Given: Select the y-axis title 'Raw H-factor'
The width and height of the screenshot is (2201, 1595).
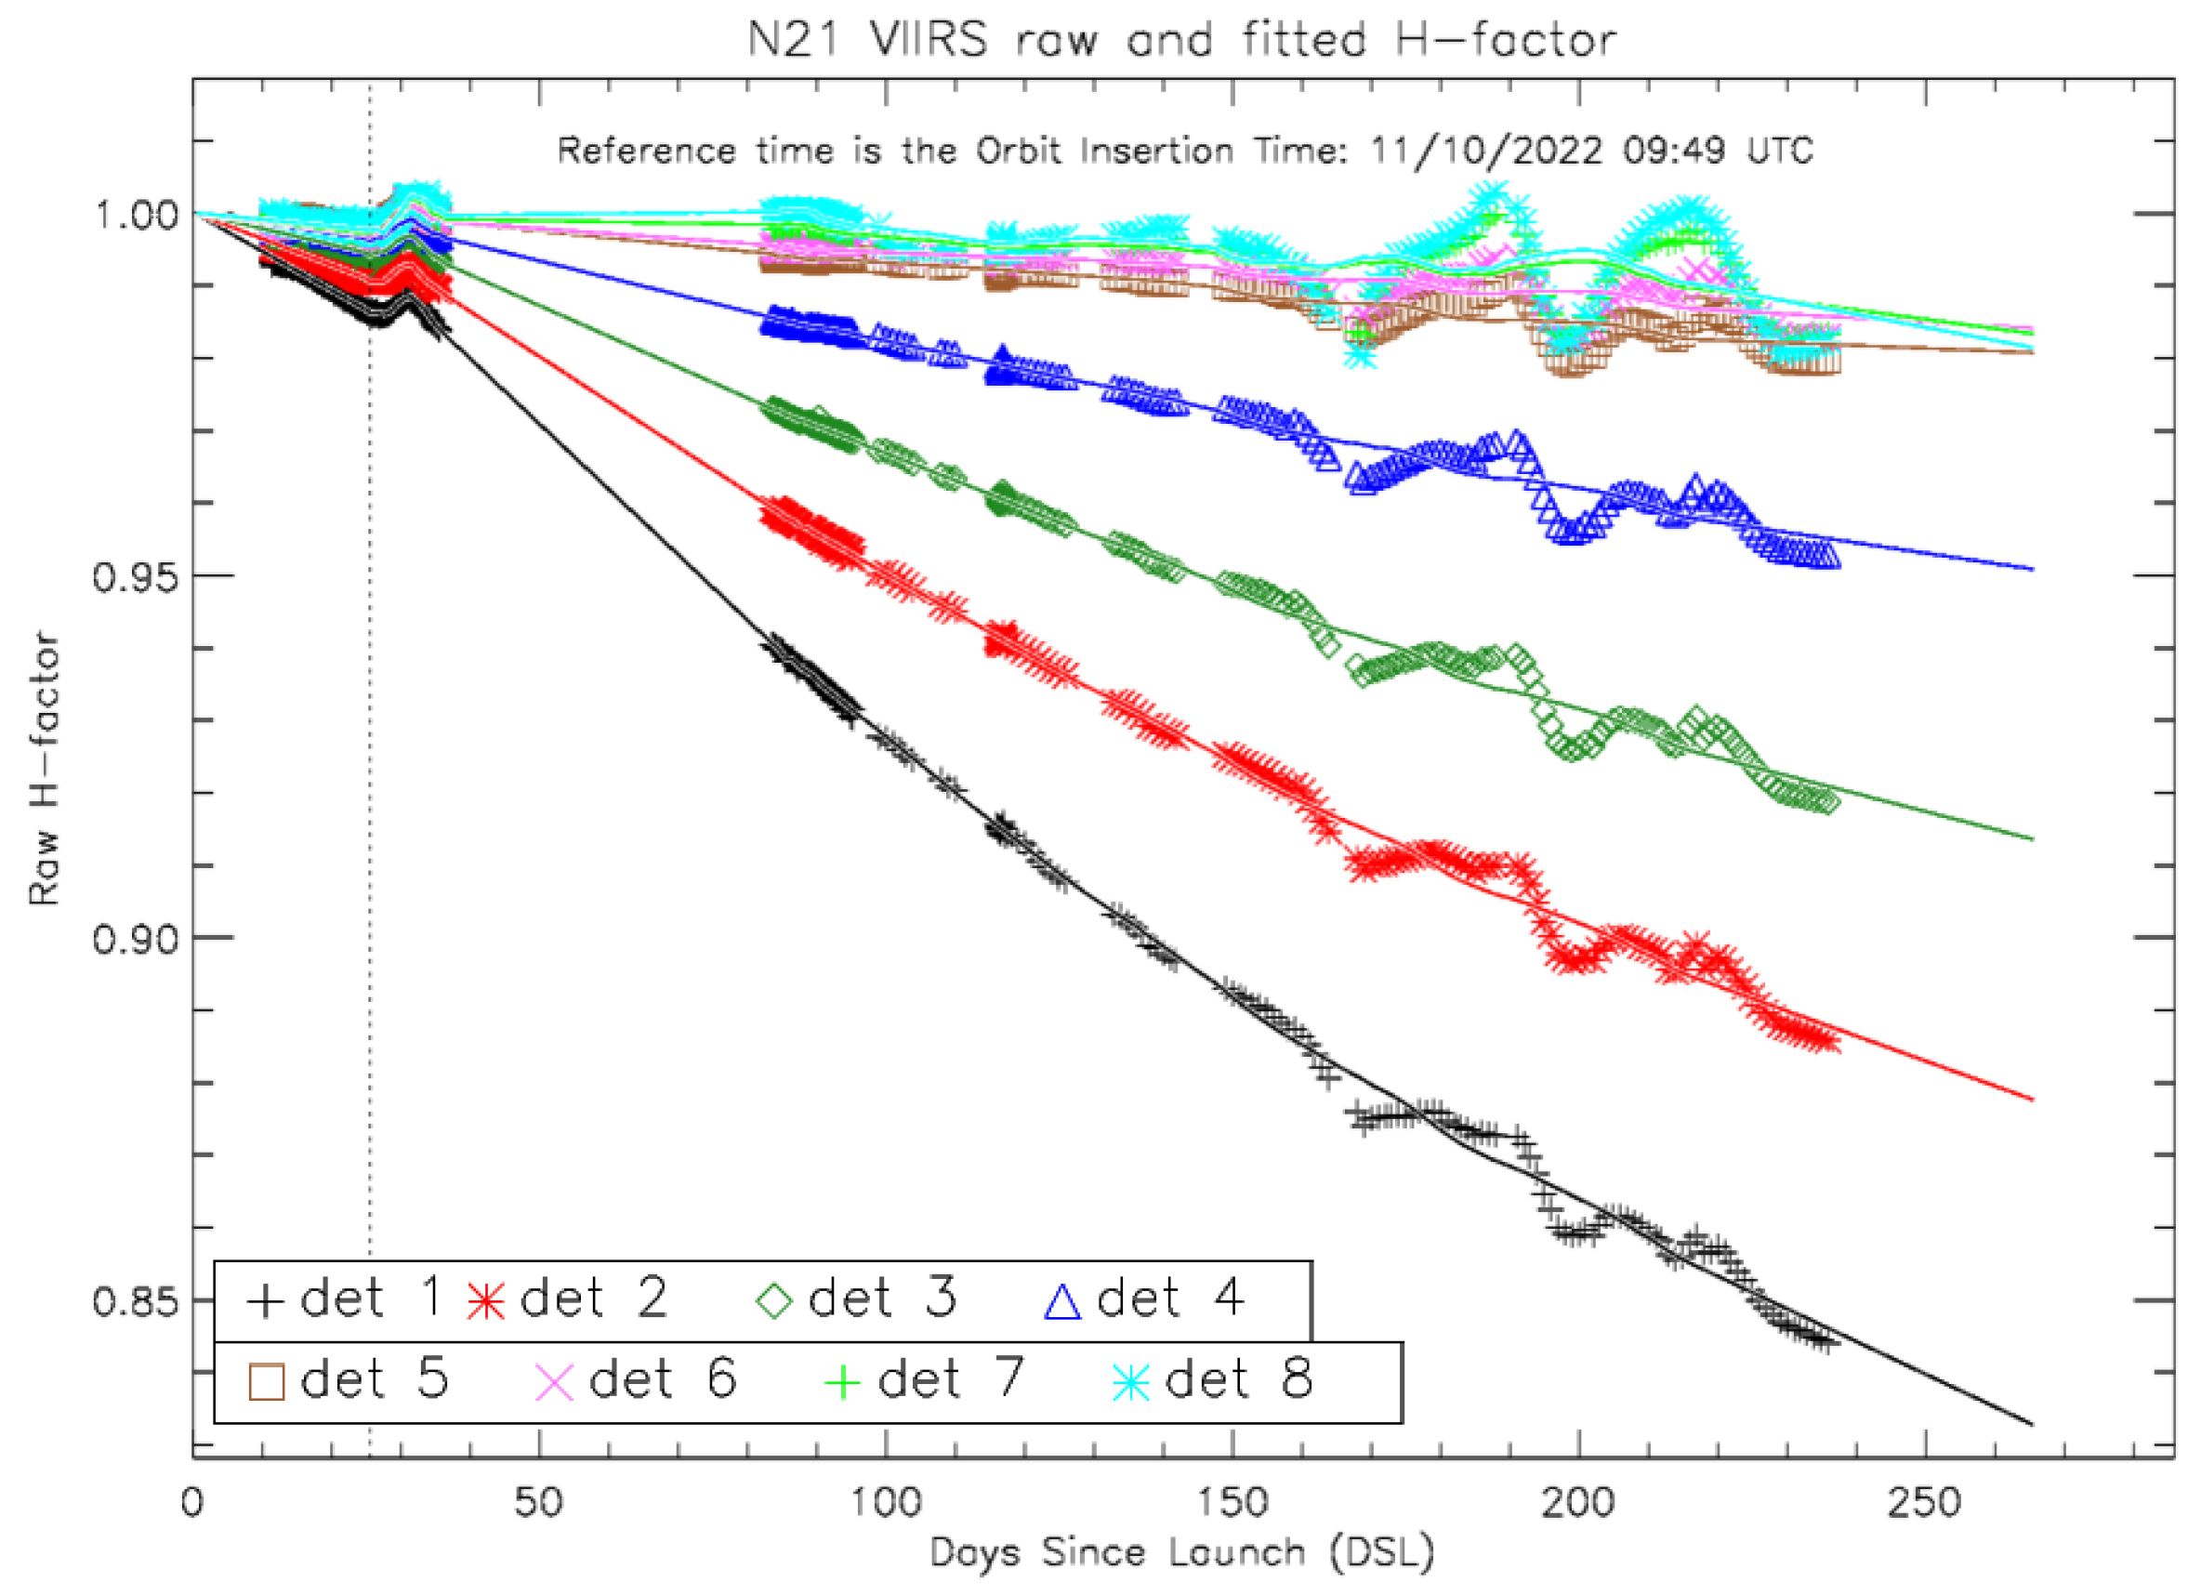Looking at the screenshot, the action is (44, 770).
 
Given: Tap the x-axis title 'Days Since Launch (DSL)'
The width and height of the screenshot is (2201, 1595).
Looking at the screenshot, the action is (1182, 1553).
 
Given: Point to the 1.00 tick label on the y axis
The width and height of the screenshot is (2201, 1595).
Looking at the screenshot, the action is (136, 214).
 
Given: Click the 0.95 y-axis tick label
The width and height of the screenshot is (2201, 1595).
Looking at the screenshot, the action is (136, 576).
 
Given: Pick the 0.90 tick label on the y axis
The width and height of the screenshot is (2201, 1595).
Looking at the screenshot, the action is (136, 938).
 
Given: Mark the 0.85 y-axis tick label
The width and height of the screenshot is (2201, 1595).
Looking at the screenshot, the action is (136, 1301).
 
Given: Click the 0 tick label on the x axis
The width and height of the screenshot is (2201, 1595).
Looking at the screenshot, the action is (192, 1503).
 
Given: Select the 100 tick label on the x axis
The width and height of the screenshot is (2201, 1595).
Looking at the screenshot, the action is (885, 1503).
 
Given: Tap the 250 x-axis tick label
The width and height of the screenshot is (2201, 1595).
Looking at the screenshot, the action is (1924, 1503).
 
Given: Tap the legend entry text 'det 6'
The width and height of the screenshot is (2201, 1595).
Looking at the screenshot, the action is (663, 1378).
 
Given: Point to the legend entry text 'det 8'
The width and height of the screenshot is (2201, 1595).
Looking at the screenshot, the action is (1239, 1378).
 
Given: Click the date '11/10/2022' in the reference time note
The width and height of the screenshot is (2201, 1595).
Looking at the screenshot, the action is (1486, 152).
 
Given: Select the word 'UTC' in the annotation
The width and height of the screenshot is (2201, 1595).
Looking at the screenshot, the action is (1780, 152).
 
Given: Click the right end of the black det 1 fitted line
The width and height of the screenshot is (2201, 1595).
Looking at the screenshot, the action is (2032, 1424).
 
